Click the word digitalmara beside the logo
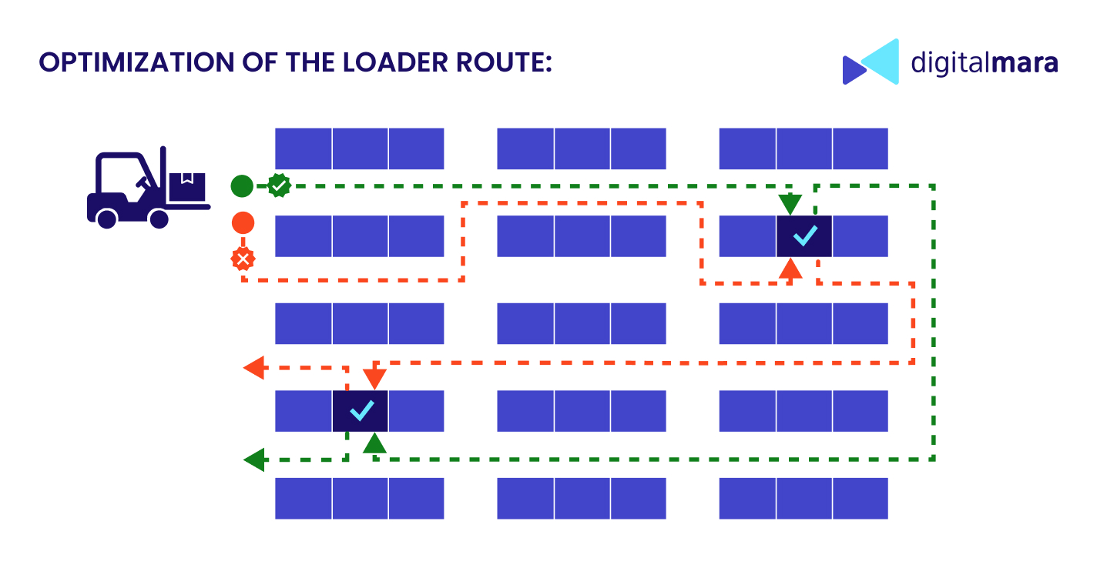pyautogui.click(x=984, y=62)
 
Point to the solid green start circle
pyautogui.click(x=242, y=185)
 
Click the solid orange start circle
pyautogui.click(x=243, y=223)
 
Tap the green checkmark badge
pyautogui.click(x=278, y=185)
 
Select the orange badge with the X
pyautogui.click(x=243, y=259)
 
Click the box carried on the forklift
pyautogui.click(x=187, y=185)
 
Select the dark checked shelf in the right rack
pyautogui.click(x=804, y=236)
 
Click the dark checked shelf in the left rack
pyautogui.click(x=360, y=411)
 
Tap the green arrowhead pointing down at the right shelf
pyautogui.click(x=790, y=205)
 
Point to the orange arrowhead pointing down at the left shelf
pyautogui.click(x=374, y=379)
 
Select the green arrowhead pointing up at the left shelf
pyautogui.click(x=374, y=443)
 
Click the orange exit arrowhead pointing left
pyautogui.click(x=253, y=368)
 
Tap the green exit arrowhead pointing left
pyautogui.click(x=253, y=460)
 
